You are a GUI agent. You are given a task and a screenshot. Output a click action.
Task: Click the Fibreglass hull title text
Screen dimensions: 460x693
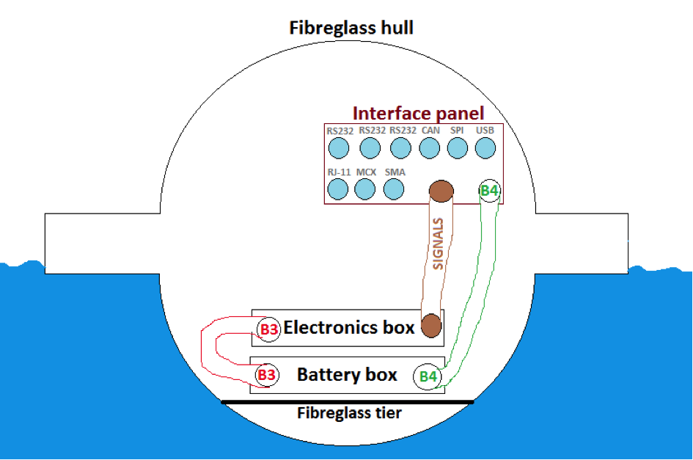351,29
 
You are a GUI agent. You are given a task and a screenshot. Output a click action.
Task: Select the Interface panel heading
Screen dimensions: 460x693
418,114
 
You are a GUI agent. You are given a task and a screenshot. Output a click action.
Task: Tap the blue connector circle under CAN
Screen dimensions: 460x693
430,148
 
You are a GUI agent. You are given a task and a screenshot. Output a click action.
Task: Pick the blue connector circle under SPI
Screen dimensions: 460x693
457,148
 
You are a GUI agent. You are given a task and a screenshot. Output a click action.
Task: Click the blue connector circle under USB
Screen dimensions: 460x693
485,148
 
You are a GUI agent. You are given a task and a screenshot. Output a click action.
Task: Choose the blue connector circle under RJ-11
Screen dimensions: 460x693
337,189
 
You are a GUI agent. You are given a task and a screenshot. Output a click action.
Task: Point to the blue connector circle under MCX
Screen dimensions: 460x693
365,189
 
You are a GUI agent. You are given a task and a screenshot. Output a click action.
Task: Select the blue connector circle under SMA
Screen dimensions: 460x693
395,189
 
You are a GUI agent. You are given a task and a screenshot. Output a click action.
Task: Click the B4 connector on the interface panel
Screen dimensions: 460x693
489,191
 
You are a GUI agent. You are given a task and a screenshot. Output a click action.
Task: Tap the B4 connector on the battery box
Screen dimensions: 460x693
428,377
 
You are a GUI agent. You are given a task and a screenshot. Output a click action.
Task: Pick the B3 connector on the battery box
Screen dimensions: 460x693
266,375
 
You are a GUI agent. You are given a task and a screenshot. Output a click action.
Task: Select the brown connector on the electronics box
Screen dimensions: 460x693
430,325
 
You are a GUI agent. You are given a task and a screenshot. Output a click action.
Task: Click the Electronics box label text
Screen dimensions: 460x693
348,327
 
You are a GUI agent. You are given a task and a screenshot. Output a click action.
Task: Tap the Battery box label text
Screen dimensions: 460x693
347,375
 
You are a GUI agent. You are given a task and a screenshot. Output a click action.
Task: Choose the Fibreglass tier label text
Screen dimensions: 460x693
349,413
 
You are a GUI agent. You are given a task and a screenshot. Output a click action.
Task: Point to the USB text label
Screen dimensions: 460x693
485,131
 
